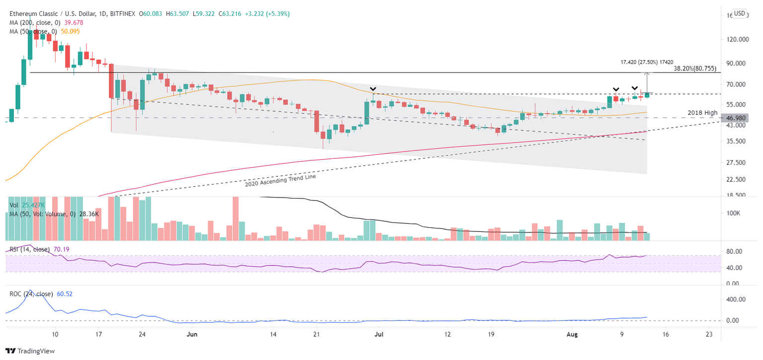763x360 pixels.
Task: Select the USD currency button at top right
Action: (740, 13)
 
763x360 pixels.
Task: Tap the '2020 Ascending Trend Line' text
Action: (280, 180)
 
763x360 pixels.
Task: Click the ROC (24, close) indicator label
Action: (31, 294)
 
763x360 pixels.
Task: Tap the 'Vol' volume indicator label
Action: (14, 204)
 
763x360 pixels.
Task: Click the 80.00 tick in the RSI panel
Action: (731, 252)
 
